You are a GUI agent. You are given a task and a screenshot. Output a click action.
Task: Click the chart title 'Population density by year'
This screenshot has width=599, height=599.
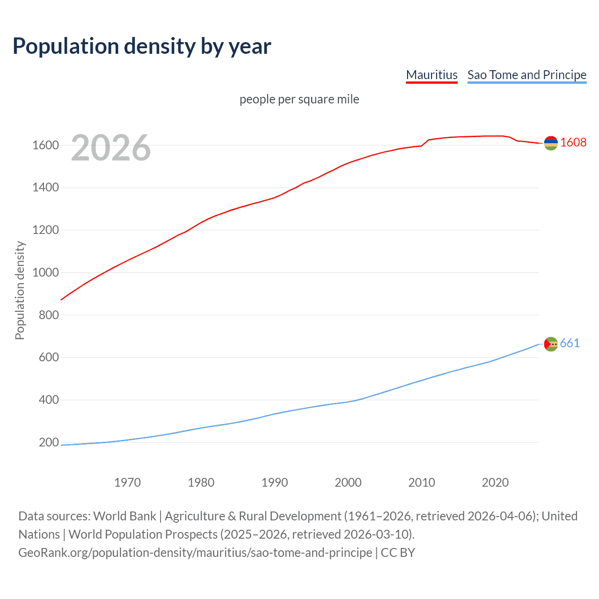142,46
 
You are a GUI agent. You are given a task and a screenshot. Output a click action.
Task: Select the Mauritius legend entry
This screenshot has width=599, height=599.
431,75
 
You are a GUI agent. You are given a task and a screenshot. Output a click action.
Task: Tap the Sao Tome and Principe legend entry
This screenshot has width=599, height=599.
526,75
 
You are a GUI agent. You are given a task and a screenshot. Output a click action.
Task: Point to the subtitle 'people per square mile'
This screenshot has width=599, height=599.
299,99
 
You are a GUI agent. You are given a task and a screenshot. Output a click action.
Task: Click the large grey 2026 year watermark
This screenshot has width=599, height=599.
111,148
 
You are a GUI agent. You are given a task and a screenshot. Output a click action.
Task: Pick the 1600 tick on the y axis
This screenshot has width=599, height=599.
45,145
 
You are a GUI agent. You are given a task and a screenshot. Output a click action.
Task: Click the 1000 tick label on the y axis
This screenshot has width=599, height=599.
45,272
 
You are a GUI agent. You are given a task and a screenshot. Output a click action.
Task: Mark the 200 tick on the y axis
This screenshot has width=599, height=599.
49,442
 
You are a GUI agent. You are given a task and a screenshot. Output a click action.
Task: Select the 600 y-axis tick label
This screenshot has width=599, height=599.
49,357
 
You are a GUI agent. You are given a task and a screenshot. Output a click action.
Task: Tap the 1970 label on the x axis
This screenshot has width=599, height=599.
127,482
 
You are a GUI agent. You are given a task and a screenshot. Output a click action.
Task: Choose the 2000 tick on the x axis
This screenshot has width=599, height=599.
348,482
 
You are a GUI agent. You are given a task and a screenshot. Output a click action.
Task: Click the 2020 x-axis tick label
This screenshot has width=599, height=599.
495,482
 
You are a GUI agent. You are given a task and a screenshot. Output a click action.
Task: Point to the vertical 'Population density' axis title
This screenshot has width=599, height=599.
20,290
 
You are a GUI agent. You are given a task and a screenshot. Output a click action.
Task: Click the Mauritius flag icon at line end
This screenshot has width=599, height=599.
551,143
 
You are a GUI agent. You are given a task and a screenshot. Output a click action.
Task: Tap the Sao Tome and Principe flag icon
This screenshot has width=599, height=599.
551,344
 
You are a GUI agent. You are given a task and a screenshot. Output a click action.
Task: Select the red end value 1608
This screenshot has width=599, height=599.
573,142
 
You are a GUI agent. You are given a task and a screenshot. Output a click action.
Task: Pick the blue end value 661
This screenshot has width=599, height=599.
570,343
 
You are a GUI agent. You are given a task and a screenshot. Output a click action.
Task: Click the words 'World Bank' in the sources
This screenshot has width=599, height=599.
124,516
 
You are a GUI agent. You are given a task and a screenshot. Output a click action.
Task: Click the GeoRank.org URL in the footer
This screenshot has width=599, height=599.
195,552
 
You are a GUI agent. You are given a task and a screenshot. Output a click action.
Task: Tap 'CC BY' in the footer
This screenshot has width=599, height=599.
398,552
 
